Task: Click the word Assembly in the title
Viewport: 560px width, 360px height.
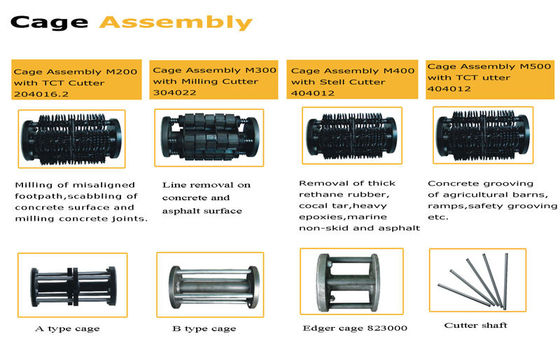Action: point(176,22)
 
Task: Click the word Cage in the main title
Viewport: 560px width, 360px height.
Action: point(49,23)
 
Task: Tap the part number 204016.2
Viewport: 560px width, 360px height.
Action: point(41,94)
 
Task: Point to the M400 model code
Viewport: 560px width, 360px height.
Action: point(399,71)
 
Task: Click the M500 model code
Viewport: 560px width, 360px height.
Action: point(535,66)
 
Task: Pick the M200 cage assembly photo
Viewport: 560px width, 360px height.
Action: point(72,139)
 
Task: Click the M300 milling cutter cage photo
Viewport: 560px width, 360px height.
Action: point(209,138)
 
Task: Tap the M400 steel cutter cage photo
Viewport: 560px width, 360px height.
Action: point(352,136)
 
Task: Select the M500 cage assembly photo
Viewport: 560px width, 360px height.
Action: point(483,135)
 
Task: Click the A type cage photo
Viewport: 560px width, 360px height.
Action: point(72,285)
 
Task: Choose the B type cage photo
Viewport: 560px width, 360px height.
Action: point(210,285)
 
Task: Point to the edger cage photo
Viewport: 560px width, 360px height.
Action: point(352,281)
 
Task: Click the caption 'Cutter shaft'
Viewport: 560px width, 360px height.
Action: point(475,325)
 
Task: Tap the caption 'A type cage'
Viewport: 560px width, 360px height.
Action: point(68,329)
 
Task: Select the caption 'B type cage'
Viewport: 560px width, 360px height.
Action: point(204,329)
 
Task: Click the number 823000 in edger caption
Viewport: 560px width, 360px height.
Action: point(384,328)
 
